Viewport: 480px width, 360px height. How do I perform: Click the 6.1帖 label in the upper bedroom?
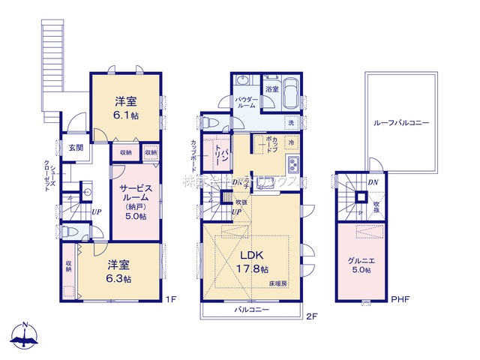[x=124, y=115]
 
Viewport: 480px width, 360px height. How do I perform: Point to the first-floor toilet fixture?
[x=67, y=232]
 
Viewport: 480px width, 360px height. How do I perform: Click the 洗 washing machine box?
[x=290, y=122]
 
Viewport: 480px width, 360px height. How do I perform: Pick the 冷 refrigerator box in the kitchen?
[x=291, y=143]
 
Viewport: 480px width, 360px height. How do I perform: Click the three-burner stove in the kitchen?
[x=295, y=165]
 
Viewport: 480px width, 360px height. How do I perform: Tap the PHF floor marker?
[x=401, y=301]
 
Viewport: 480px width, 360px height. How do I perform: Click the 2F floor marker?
[x=312, y=316]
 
